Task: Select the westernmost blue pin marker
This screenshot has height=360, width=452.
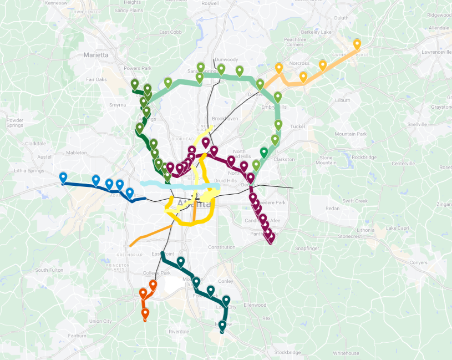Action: click(63, 178)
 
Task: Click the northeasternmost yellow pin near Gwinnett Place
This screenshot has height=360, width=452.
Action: click(357, 44)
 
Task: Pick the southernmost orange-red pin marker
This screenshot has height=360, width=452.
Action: click(145, 314)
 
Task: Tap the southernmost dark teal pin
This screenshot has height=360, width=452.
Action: click(222, 326)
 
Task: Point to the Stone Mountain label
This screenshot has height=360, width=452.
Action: click(326, 160)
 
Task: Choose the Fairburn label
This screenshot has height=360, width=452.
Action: click(77, 336)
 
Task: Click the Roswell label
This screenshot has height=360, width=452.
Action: click(210, 3)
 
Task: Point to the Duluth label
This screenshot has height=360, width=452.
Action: click(341, 18)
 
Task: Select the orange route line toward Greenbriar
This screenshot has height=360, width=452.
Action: click(145, 236)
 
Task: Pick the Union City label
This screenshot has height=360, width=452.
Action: click(100, 321)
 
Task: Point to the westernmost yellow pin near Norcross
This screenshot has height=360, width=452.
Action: click(279, 68)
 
